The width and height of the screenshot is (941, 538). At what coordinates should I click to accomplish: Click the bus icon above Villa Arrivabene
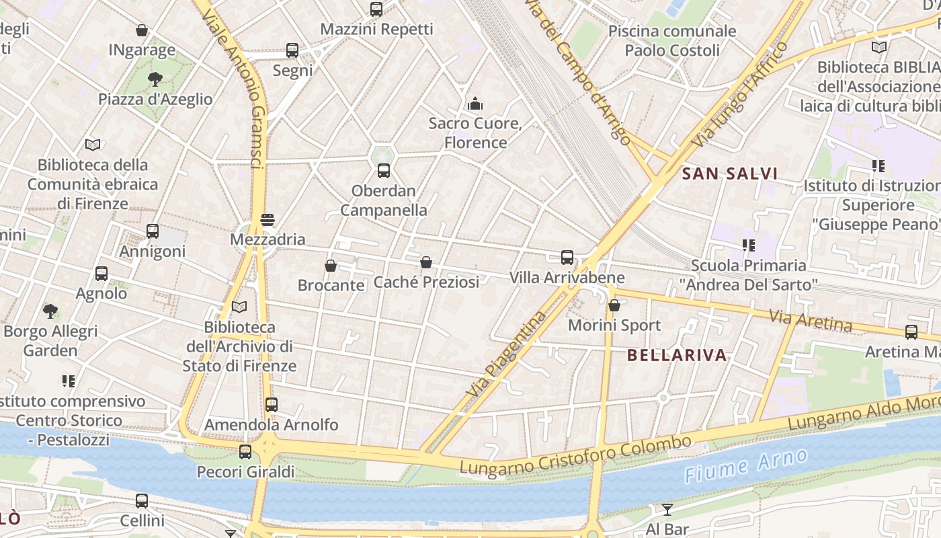pos(567,257)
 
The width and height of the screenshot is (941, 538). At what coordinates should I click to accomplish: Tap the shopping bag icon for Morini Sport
pos(614,305)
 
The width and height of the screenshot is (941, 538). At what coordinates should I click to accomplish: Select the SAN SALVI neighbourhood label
pos(729,174)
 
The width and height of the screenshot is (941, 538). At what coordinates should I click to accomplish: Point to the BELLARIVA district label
pos(677,355)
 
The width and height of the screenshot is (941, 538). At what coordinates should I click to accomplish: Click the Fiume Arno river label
pos(746,465)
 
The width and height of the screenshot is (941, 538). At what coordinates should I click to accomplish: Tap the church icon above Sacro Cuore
pos(475,104)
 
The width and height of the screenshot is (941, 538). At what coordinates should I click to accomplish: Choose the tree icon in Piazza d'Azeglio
pos(155,79)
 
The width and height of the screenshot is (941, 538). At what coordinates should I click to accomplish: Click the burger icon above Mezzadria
pos(268,219)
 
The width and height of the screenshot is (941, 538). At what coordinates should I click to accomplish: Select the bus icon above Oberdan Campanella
pos(383,171)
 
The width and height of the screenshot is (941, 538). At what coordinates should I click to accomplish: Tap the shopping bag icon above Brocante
pos(331,266)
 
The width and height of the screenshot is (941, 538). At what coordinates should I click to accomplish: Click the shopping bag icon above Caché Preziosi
pos(426,262)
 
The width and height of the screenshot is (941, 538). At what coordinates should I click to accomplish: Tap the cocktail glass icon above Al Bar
pos(667,509)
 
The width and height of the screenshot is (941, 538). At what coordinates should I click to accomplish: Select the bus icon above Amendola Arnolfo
pos(271,405)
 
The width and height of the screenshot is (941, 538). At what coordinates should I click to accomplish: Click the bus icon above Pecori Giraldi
pos(245,452)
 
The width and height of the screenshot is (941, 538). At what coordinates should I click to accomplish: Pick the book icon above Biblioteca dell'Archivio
pos(239,307)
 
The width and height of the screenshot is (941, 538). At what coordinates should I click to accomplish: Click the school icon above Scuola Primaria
pos(748,245)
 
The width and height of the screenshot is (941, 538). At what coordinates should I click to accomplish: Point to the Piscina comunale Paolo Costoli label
pos(671,40)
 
